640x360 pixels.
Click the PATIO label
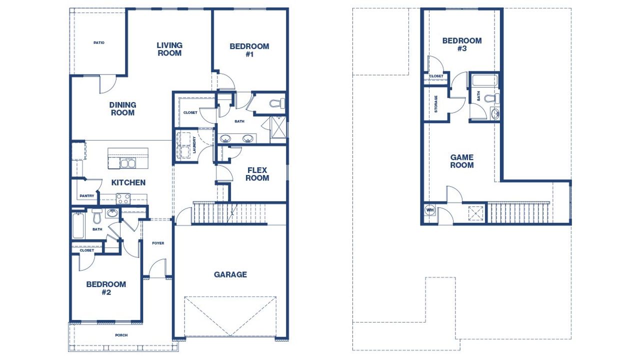click(99, 43)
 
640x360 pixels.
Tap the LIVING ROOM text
click(169, 49)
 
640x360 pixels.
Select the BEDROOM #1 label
click(249, 50)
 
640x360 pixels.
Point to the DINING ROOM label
click(122, 108)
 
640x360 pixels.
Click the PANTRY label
click(86, 196)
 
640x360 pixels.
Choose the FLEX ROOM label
click(257, 174)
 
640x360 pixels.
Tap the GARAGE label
click(230, 274)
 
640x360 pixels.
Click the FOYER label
click(158, 243)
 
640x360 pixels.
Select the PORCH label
click(121, 335)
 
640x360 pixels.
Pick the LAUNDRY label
click(194, 145)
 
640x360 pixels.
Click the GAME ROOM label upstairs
click(461, 161)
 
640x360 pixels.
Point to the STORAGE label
click(436, 104)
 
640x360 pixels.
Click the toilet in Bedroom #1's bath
click(276, 104)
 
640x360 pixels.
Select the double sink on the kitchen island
click(127, 163)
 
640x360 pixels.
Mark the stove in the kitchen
click(123, 198)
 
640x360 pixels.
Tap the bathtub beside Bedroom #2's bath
click(77, 226)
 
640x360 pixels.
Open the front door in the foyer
click(158, 269)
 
